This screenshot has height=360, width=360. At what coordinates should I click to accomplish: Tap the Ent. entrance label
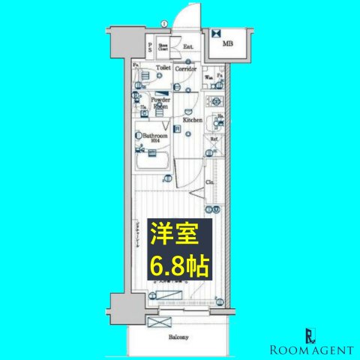[x=188, y=46]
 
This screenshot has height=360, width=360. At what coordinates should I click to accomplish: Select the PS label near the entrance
[x=151, y=47]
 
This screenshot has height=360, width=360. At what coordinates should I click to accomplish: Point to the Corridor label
[x=187, y=69]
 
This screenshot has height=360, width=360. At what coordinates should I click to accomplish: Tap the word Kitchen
[x=190, y=119]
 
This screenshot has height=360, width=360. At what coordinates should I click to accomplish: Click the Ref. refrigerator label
[x=214, y=139]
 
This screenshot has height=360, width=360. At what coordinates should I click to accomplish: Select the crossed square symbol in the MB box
[x=217, y=33]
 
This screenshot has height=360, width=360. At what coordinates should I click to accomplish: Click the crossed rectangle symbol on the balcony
[x=160, y=322]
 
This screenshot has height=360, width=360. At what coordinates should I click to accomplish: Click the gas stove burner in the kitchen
[x=217, y=100]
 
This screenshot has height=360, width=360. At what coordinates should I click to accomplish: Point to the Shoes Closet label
[x=163, y=46]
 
